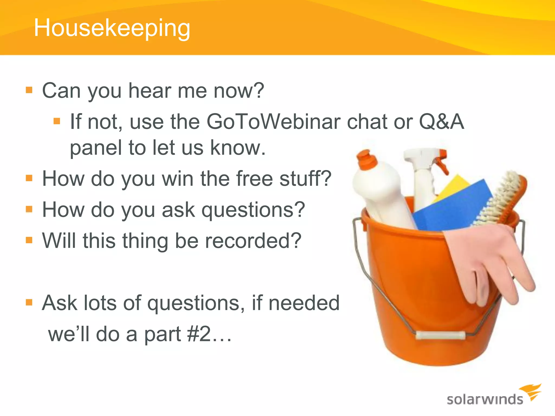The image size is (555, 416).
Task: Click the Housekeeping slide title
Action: pos(112,28)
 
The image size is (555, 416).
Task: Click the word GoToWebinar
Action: pos(273,122)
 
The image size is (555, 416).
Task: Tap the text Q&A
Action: pos(441,122)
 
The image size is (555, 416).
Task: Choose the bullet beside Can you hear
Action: pos(29,90)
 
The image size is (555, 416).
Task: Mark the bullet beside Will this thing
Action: pos(29,240)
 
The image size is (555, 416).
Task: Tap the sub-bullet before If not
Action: pos(57,121)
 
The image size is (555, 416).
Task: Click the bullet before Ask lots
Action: pos(29,302)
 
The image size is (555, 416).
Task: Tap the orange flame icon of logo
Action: pos(531,391)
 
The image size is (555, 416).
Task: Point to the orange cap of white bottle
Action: pos(366,160)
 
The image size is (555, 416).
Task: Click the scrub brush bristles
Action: pos(501,198)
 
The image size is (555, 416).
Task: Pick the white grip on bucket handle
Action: pos(440,335)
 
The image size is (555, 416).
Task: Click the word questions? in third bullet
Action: pos(253,210)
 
